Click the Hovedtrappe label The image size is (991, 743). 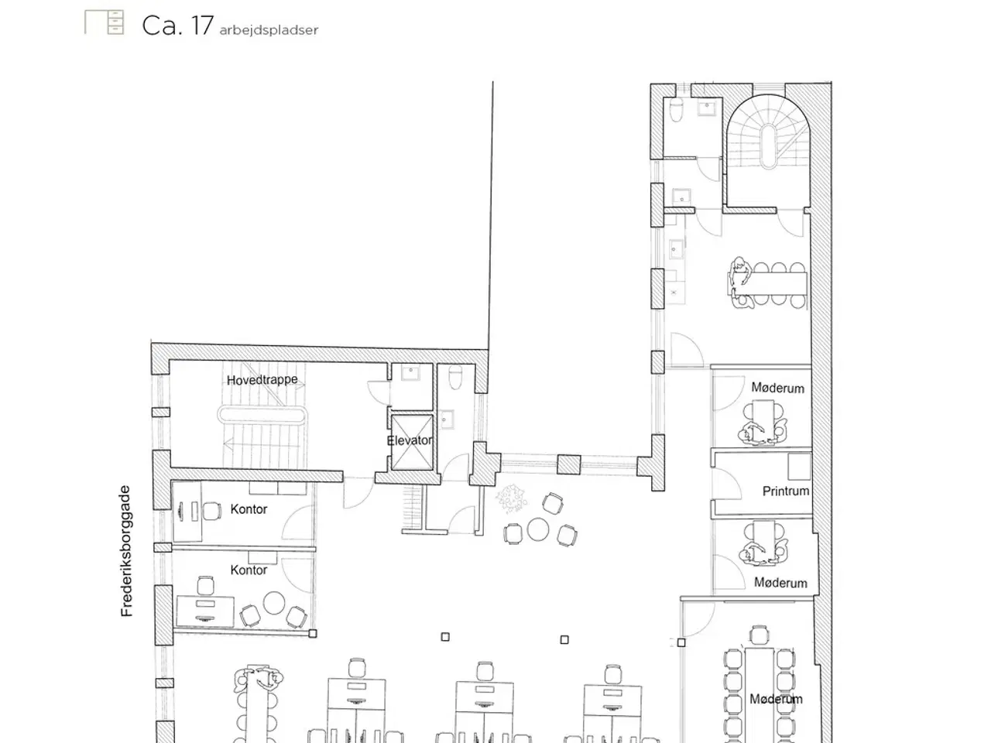coord(262,380)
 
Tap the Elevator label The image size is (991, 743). coord(410,440)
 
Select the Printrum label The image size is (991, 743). coord(785,491)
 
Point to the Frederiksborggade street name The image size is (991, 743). coord(126,551)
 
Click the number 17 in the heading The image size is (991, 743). coord(201,26)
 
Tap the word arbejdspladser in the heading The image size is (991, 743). coord(269,30)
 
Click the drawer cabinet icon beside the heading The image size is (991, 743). coord(104,22)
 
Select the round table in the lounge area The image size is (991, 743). coord(538,529)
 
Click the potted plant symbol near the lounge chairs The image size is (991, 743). coord(511,499)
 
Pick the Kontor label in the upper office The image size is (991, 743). coord(249,509)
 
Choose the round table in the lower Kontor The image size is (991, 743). coord(273,603)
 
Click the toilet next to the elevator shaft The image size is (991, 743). coord(455,377)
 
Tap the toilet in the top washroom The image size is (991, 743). coord(676,111)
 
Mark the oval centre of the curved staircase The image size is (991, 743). coord(769,146)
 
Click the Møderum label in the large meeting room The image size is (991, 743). coord(776,699)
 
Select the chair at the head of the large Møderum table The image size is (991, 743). coord(760,635)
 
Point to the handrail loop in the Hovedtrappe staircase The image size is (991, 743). coord(262,414)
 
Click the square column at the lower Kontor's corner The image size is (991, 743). coord(313,633)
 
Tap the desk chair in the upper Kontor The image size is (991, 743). coord(212,511)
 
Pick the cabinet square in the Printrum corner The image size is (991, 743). coord(799,467)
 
